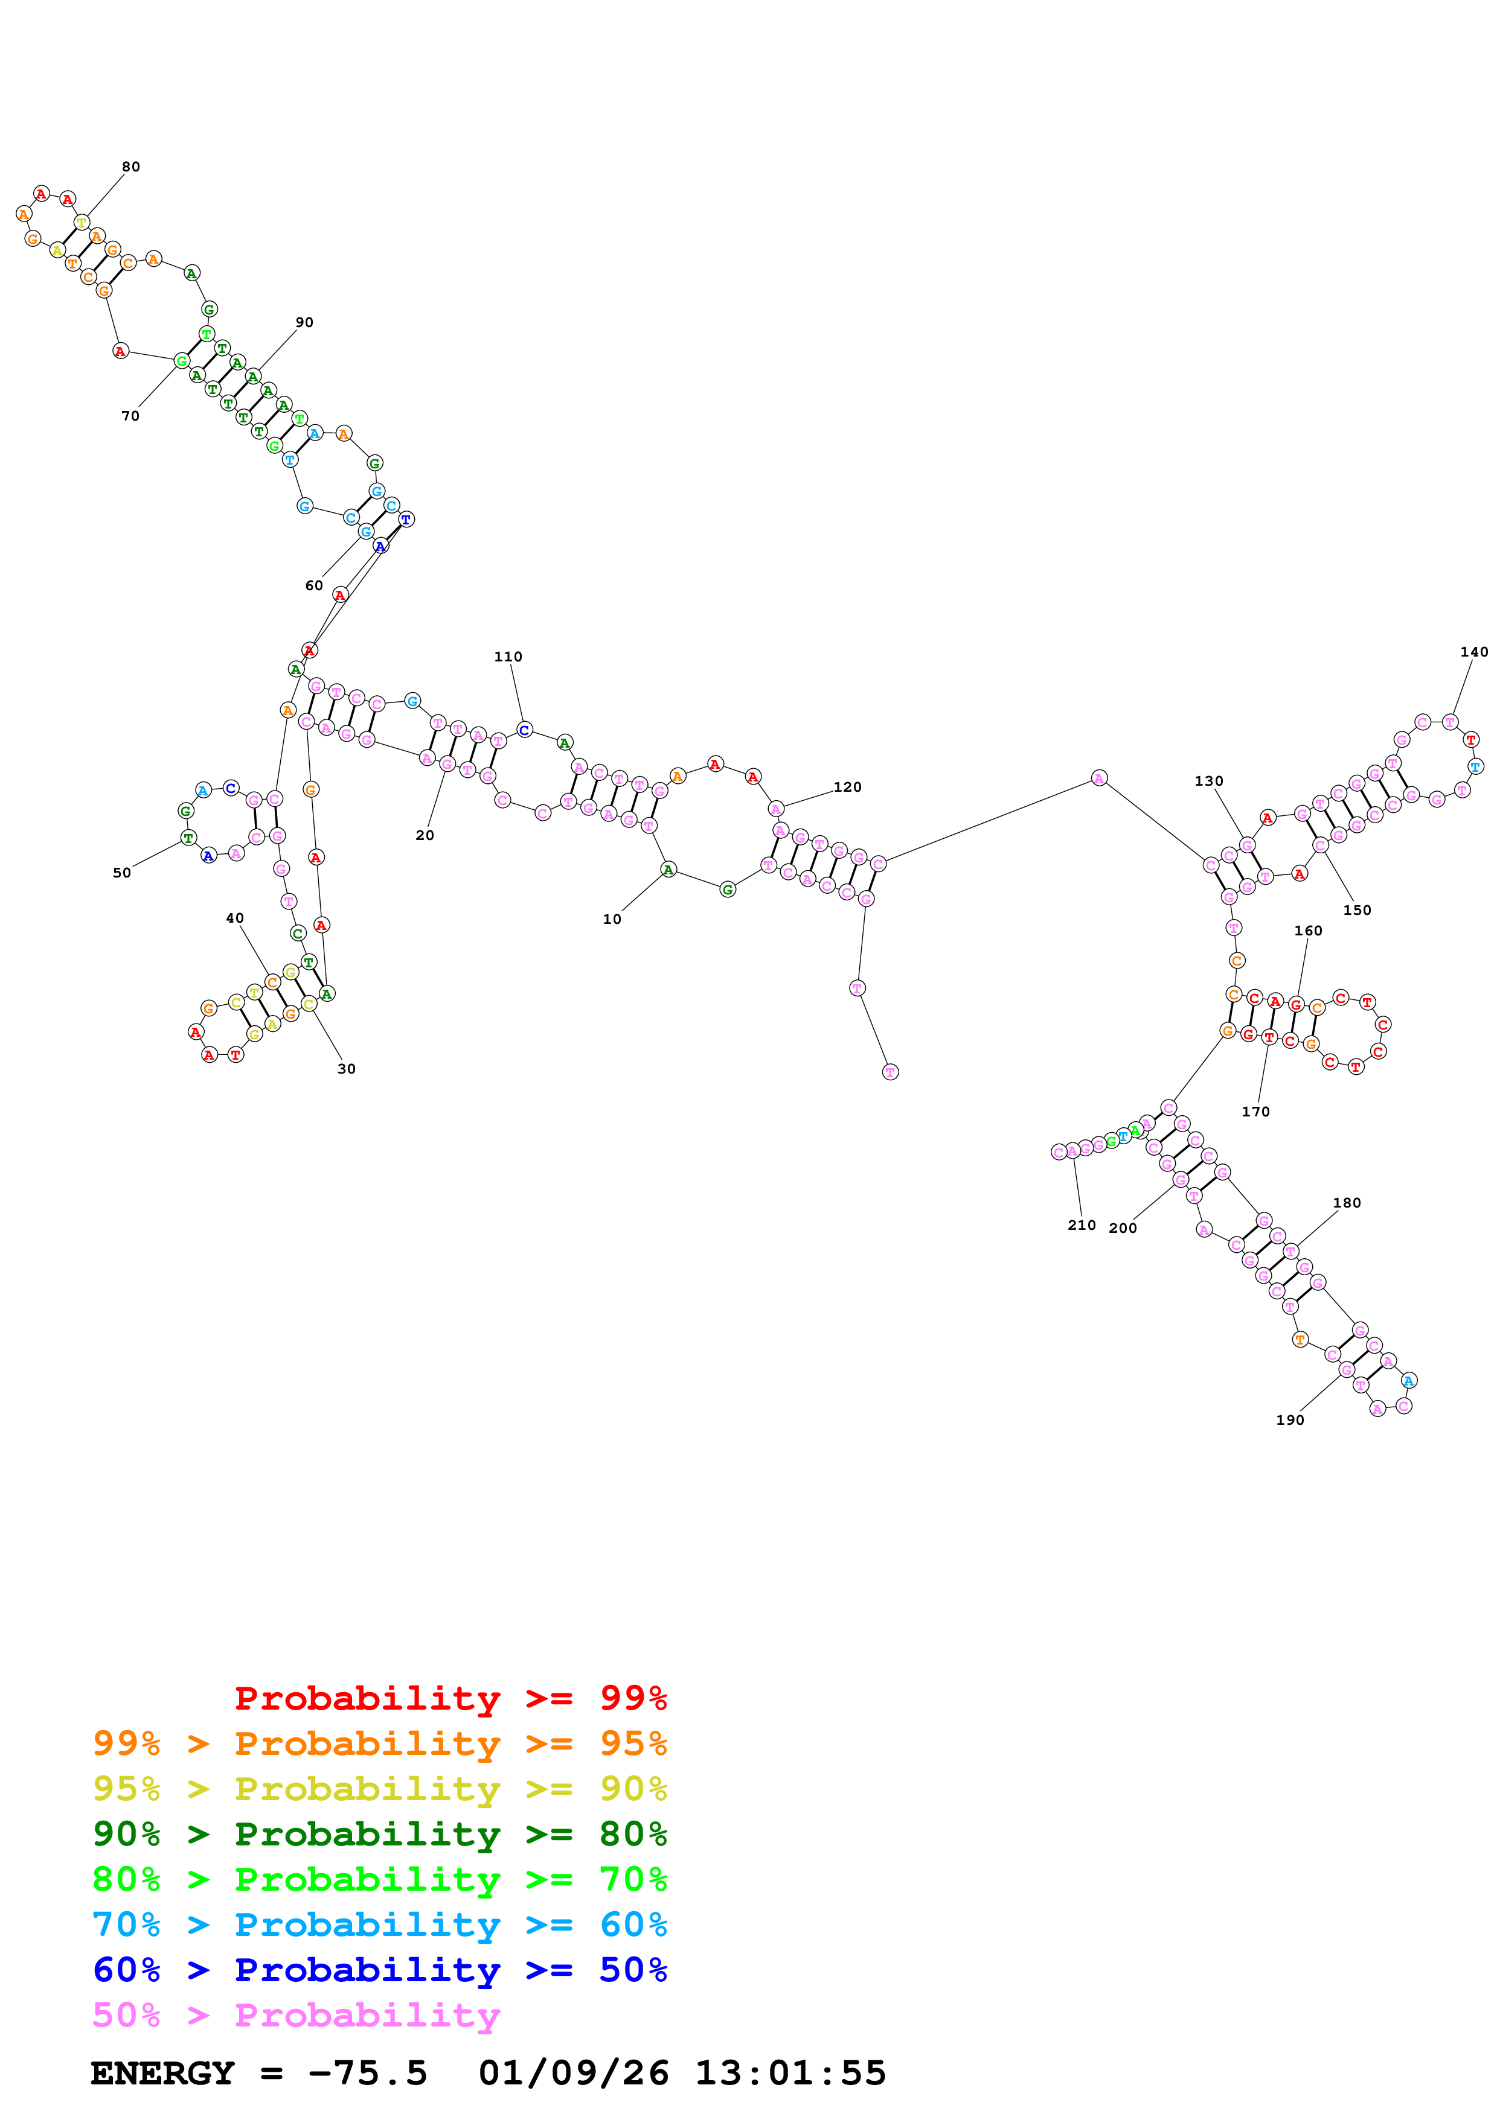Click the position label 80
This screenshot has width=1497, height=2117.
[x=131, y=167]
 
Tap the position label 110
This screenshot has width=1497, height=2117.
[x=508, y=657]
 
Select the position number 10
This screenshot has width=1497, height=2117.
[x=612, y=919]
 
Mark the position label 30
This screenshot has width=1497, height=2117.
[x=347, y=1069]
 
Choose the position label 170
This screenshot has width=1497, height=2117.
[x=1256, y=1112]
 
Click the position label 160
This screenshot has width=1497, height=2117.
[x=1309, y=931]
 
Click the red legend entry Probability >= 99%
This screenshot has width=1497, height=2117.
[x=450, y=1698]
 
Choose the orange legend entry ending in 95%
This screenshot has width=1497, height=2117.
[x=380, y=1743]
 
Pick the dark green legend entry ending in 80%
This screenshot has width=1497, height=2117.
[x=380, y=1834]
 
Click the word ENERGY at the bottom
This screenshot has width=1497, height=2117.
[x=162, y=2074]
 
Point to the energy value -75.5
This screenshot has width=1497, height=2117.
[x=368, y=2074]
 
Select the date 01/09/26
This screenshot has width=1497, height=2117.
[x=574, y=2074]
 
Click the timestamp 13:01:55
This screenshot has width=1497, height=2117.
[x=790, y=2074]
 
